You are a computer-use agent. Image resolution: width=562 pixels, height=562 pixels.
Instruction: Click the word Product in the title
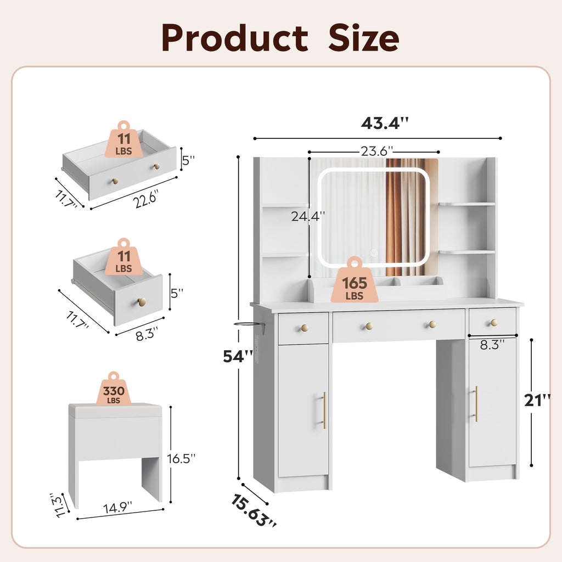(235, 38)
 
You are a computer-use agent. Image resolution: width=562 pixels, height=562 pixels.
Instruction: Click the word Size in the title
(363, 38)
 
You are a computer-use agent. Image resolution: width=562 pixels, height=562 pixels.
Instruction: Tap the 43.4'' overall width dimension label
(385, 123)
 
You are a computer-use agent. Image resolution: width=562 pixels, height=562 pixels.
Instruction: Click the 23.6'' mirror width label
(376, 151)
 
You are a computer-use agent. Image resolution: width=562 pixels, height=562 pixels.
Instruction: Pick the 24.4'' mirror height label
(308, 216)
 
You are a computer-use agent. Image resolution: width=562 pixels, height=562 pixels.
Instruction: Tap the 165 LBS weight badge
(355, 280)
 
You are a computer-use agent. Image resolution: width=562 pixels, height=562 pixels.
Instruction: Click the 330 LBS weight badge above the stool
(114, 389)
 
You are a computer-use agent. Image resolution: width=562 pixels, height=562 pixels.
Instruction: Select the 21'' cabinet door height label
(537, 400)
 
